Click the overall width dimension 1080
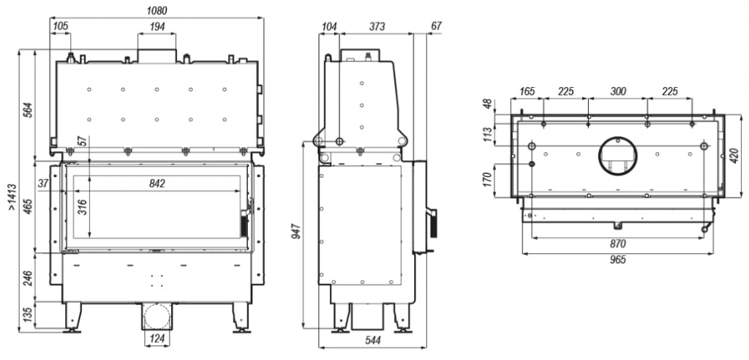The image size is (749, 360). click(x=157, y=11)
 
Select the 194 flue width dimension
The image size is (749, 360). click(x=157, y=27)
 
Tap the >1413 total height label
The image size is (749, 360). click(x=12, y=197)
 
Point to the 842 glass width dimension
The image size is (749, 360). click(x=157, y=184)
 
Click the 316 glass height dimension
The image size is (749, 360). click(x=82, y=206)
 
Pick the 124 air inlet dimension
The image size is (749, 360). click(x=157, y=339)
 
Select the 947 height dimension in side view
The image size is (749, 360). click(x=297, y=231)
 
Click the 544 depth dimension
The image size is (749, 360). click(x=372, y=341)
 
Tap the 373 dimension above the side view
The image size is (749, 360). click(x=377, y=27)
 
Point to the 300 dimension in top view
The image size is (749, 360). click(x=618, y=91)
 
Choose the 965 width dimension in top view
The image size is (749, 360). click(x=617, y=260)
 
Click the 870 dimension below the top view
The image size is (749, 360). click(x=617, y=244)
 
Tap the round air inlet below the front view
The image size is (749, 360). click(x=157, y=315)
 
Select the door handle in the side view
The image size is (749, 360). click(x=433, y=222)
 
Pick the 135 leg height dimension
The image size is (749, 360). click(x=28, y=315)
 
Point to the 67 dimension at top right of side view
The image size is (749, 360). click(x=436, y=27)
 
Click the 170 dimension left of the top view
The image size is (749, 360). click(x=488, y=179)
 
